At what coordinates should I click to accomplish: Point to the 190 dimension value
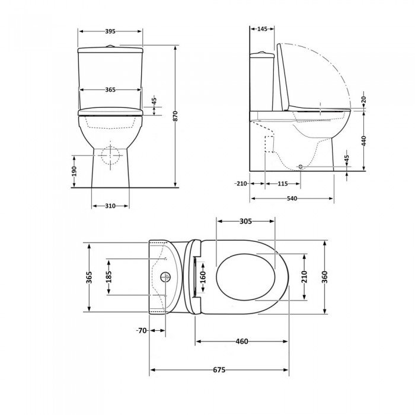(x=75, y=171)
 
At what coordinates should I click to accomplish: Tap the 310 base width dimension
(x=110, y=206)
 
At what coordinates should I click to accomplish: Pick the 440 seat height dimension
(x=364, y=141)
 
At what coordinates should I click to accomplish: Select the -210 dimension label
(x=240, y=184)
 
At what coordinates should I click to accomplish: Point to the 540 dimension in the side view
(x=292, y=198)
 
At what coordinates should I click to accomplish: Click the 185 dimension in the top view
(x=108, y=278)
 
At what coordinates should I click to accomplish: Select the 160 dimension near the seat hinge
(x=202, y=277)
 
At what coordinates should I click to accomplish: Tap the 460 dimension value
(x=241, y=341)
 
